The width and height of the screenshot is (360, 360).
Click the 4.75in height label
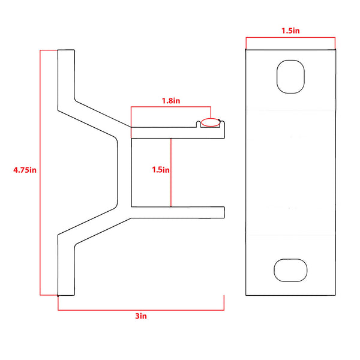[x=25, y=170]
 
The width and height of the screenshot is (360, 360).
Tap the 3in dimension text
[x=140, y=316]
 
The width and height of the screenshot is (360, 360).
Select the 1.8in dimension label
[x=170, y=101]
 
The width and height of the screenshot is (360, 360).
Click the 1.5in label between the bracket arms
[x=160, y=170]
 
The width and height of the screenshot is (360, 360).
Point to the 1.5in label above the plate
[x=290, y=31]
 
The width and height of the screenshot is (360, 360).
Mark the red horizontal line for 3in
[x=140, y=310]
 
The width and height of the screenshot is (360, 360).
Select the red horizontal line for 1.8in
[x=170, y=108]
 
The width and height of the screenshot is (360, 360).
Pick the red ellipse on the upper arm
[x=211, y=123]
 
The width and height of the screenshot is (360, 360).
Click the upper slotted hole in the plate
[x=290, y=76]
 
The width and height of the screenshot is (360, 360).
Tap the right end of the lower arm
[x=222, y=211]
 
